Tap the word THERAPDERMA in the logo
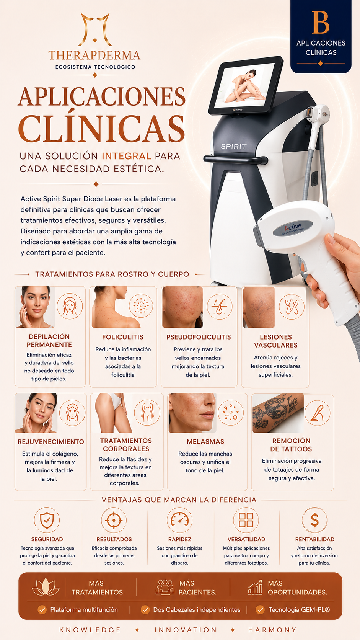(94, 55)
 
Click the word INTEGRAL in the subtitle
(127, 156)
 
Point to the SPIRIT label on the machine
(233, 147)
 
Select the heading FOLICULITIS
(123, 337)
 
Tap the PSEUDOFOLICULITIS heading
(199, 337)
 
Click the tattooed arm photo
(278, 413)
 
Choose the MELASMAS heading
(205, 442)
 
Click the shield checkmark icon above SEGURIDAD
(47, 520)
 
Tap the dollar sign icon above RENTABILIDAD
(314, 520)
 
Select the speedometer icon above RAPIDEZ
(179, 520)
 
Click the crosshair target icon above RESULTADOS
(114, 520)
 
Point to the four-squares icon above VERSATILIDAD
(246, 520)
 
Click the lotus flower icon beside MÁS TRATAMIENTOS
(46, 587)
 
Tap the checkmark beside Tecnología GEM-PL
(260, 610)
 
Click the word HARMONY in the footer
(272, 630)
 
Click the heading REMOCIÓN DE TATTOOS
(291, 445)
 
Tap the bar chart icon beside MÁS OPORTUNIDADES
(255, 588)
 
